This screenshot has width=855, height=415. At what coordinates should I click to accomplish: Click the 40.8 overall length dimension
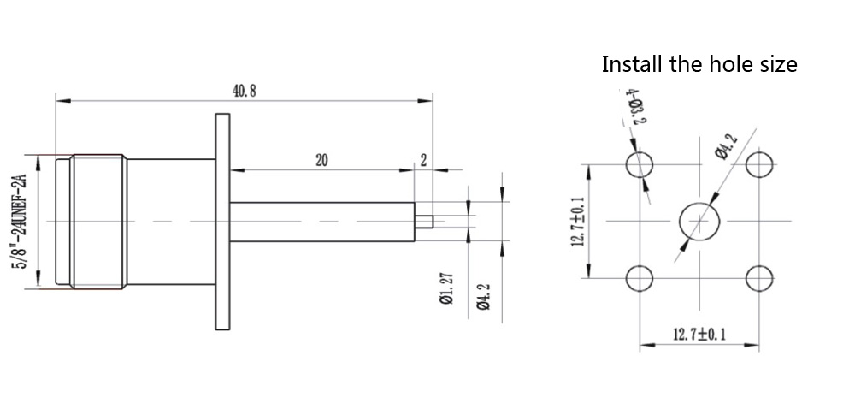(x=244, y=92)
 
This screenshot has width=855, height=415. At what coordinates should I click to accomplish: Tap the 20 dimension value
(x=322, y=160)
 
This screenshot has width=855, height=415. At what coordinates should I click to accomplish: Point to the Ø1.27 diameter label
(x=445, y=290)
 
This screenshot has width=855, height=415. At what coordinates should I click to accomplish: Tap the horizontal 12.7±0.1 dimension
(x=699, y=335)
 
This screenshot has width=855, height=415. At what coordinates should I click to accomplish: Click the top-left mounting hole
(x=639, y=164)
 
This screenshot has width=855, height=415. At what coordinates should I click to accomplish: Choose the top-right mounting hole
(x=758, y=164)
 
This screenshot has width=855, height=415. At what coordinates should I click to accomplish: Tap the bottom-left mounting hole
(x=639, y=278)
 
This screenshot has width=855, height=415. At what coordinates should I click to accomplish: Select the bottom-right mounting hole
(x=758, y=278)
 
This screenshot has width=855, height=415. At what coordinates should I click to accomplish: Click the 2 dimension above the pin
(x=423, y=160)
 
